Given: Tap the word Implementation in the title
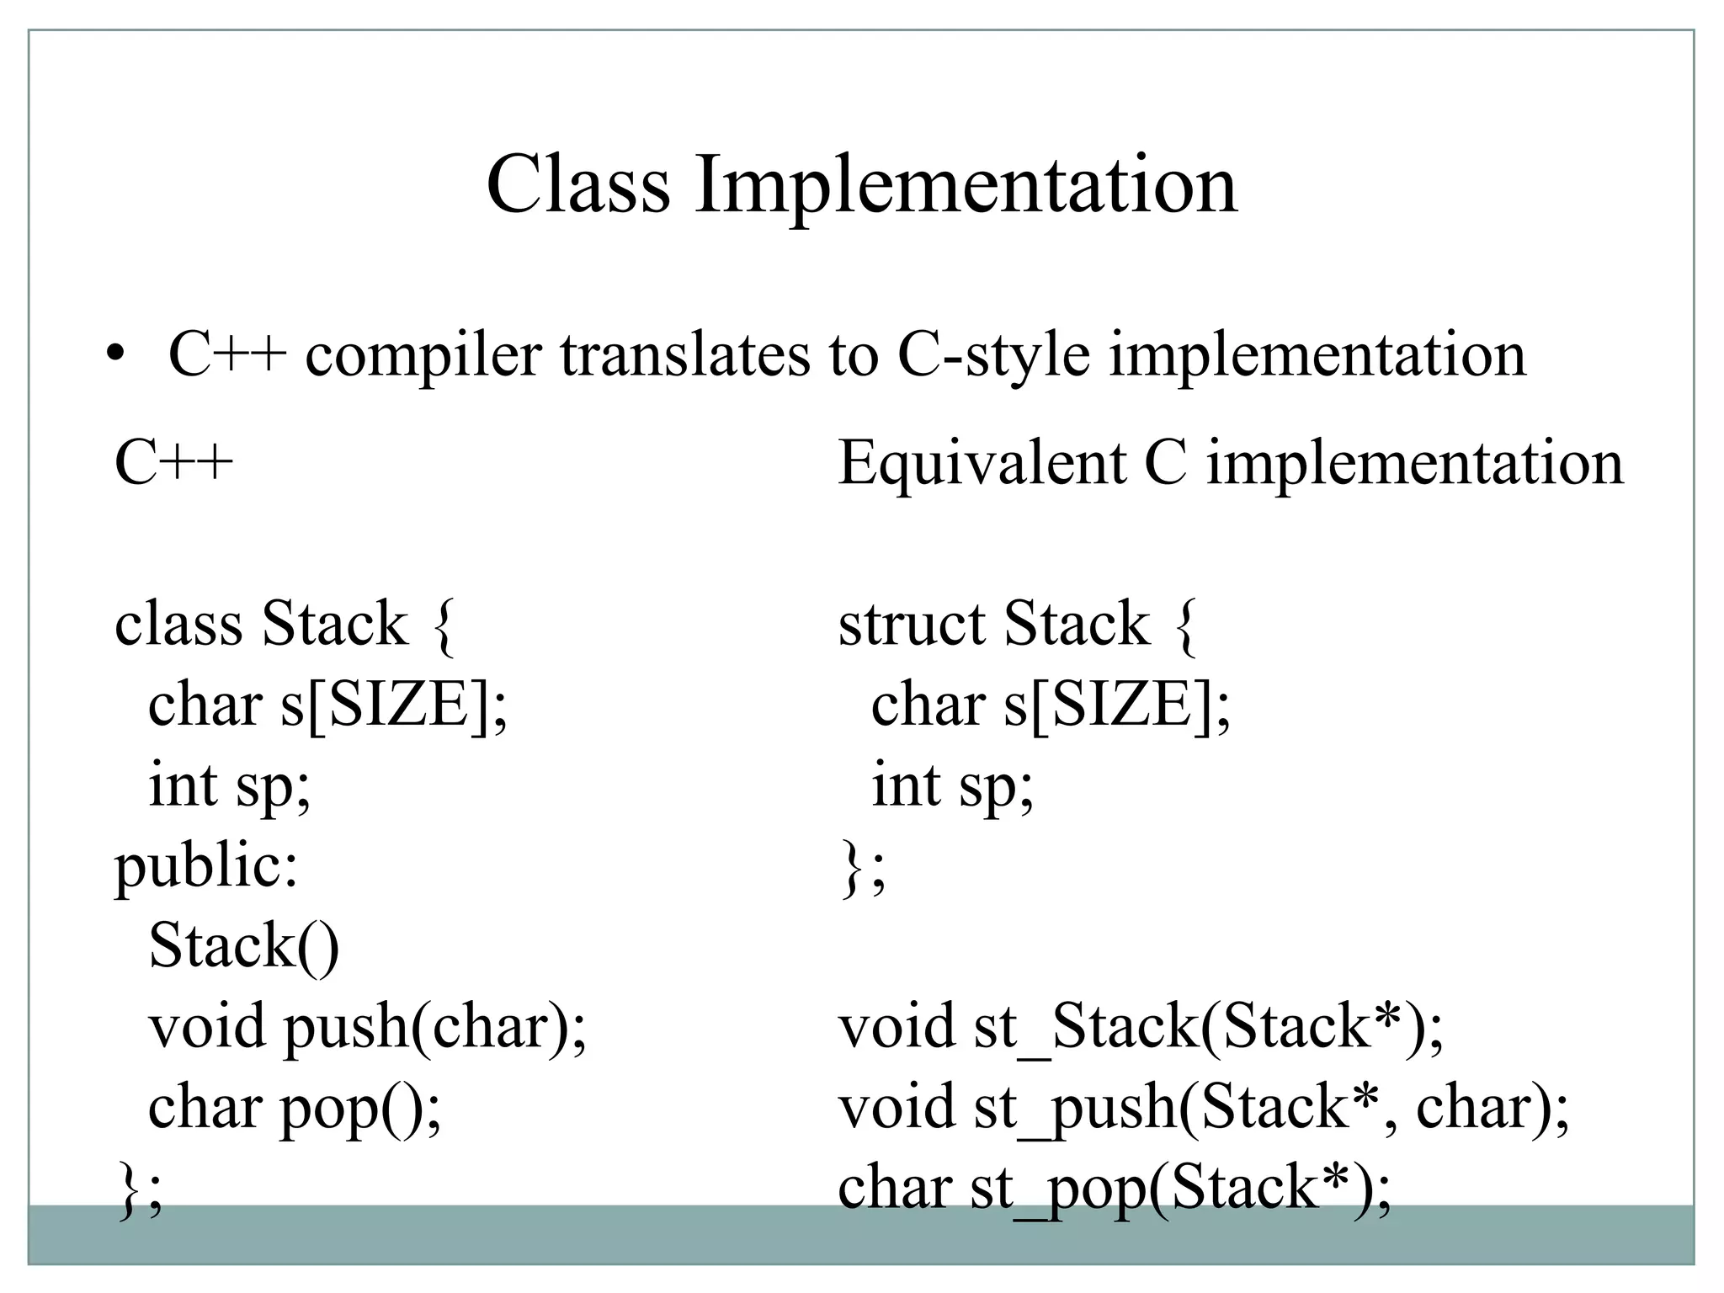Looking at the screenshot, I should point(966,186).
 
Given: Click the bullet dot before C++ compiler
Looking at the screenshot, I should point(115,354).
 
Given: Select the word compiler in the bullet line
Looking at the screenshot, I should point(423,355).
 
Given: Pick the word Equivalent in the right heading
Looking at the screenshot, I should point(982,464).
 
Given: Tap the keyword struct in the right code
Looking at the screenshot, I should point(911,624).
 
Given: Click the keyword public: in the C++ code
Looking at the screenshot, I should point(206,866).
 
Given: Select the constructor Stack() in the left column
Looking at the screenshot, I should point(243,945).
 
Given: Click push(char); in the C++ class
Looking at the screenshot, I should point(434,1027).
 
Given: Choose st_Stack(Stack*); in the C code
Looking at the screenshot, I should point(1208,1027).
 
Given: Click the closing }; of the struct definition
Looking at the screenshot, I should point(862,872).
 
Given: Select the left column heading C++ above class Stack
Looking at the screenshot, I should point(173,464).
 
